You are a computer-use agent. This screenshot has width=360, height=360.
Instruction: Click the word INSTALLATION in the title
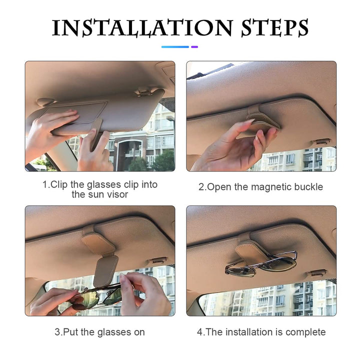[142, 28]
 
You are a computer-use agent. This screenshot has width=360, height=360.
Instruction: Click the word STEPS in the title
[275, 28]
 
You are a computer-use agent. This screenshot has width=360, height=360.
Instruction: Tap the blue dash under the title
[175, 47]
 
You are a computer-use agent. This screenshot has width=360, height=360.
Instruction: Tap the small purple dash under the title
[194, 47]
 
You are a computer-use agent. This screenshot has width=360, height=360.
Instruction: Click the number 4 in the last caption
[200, 332]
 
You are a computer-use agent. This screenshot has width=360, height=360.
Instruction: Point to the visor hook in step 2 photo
[322, 141]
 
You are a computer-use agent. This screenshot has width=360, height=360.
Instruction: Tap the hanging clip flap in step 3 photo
[105, 271]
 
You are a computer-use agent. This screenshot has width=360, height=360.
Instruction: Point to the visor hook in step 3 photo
[158, 260]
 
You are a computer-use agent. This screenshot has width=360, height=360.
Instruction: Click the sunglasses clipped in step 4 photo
[261, 264]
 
